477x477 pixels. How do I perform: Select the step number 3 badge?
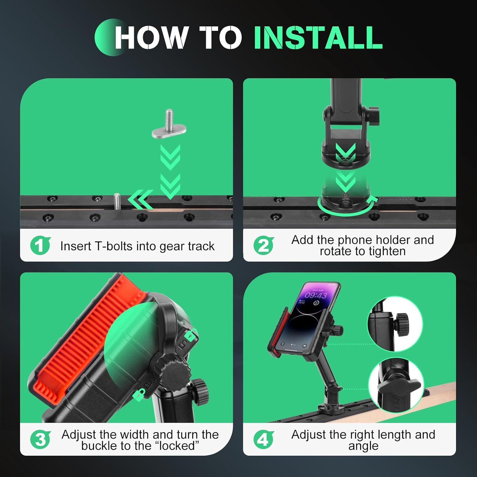tap(40, 440)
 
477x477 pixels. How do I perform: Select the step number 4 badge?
tap(263, 440)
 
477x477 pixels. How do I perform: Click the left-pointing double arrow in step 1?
tap(141, 200)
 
